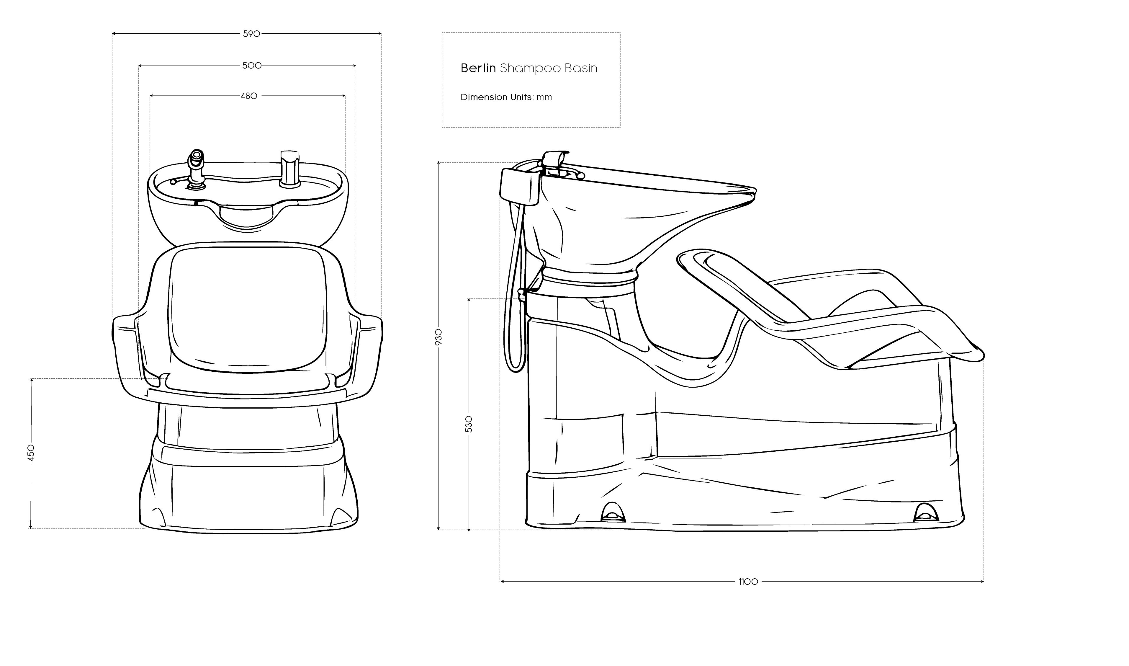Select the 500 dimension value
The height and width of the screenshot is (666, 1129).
[x=252, y=66]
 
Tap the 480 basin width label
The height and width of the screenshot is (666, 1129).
[x=249, y=96]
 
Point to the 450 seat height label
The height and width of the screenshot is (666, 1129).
[x=30, y=453]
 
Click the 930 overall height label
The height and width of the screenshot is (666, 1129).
[x=439, y=337]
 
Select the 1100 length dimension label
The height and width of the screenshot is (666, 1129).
[x=748, y=582]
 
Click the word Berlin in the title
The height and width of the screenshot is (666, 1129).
[x=478, y=68]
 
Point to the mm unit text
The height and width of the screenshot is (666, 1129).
[x=544, y=97]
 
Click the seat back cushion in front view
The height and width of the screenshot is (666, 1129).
[x=248, y=310]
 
